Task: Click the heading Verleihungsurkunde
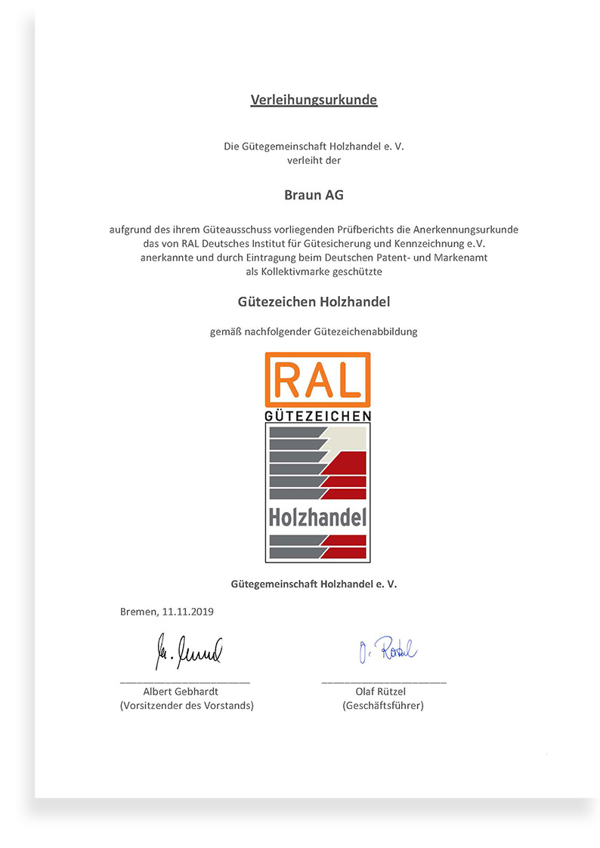click(x=314, y=100)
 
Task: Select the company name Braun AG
click(x=314, y=194)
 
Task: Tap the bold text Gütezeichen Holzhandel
click(x=314, y=301)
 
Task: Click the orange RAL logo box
click(x=317, y=380)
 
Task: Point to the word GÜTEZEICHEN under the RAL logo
click(x=317, y=416)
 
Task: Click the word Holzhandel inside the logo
click(x=317, y=517)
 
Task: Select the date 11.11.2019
click(x=187, y=612)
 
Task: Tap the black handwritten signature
click(x=189, y=650)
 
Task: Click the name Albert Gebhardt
click(x=186, y=691)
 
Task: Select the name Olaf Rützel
click(x=383, y=691)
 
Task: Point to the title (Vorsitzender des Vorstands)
click(x=187, y=705)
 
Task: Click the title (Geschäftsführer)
click(x=383, y=705)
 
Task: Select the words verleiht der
click(x=314, y=160)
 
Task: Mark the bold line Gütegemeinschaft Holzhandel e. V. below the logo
click(x=314, y=584)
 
